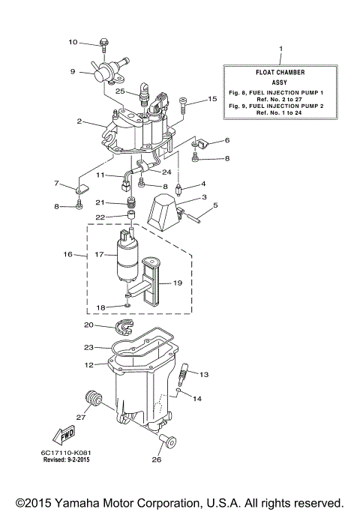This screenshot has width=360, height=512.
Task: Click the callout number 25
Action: [x=120, y=91]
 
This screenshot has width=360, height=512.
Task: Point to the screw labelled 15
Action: [x=182, y=103]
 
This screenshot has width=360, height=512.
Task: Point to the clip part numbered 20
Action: [x=128, y=326]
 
